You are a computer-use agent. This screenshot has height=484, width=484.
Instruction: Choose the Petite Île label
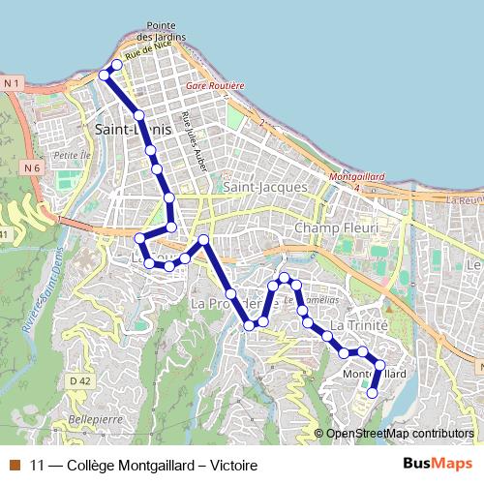click(71, 155)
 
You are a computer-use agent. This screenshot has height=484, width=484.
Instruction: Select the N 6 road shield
click(31, 167)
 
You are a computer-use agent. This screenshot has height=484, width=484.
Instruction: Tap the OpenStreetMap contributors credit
click(399, 434)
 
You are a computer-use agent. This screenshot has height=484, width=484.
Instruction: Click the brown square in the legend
click(15, 466)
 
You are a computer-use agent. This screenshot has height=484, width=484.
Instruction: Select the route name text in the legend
click(144, 466)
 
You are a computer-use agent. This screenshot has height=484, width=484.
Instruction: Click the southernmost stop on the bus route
click(373, 393)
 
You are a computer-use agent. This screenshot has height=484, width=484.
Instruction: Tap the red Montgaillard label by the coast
click(358, 177)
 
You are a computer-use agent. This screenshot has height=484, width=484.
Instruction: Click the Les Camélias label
click(315, 300)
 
